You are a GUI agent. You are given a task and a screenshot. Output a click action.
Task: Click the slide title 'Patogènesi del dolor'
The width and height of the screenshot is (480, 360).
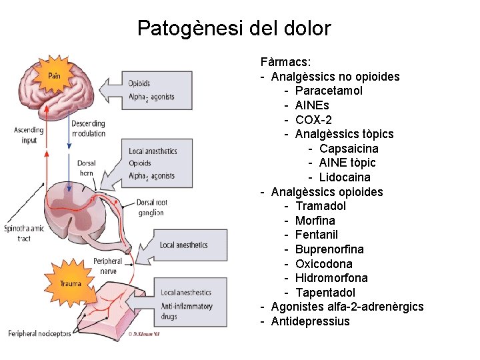click(233, 29)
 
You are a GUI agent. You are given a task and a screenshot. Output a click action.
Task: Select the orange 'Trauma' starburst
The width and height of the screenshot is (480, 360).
click(70, 283)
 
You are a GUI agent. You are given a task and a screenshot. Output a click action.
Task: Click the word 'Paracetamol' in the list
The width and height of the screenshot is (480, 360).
click(329, 91)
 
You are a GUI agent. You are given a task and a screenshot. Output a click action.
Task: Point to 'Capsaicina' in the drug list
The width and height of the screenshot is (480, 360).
click(349, 148)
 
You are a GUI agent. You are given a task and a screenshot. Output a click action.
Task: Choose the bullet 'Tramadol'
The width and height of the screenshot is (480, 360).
click(321, 206)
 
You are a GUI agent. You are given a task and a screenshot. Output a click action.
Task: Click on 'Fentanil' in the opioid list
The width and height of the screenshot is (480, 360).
click(317, 235)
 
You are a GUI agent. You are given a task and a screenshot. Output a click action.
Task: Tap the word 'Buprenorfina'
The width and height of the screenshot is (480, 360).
click(329, 249)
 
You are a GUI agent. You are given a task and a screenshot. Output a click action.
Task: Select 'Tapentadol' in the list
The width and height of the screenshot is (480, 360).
click(325, 293)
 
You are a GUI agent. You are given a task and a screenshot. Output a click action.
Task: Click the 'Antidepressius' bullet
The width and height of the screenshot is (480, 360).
click(310, 321)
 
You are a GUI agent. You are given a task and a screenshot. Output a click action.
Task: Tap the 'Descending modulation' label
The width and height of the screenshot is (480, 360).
click(88, 128)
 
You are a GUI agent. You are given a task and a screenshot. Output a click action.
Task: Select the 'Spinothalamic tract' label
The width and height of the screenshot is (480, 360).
click(24, 233)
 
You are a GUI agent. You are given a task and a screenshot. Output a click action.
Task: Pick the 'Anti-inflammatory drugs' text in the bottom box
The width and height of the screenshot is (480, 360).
click(186, 311)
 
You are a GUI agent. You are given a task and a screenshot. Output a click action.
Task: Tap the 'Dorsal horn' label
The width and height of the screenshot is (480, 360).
click(86, 167)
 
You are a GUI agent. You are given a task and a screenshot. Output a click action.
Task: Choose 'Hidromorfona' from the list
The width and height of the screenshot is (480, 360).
click(331, 278)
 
